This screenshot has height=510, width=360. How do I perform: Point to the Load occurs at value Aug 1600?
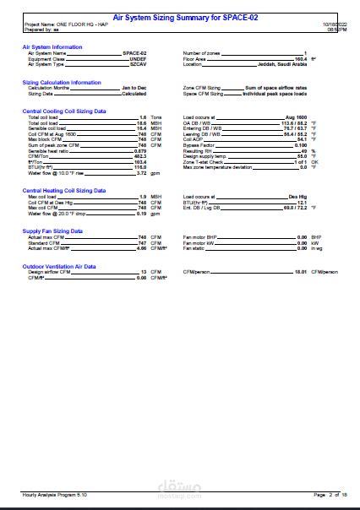[x=295, y=117]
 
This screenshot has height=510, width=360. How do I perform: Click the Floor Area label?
[x=196, y=58]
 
